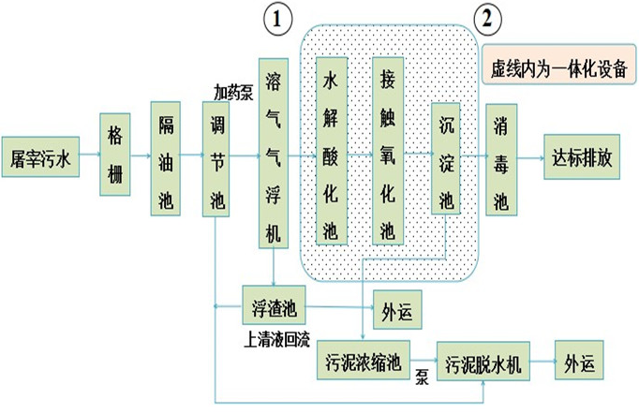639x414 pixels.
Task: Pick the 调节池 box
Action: (x=216, y=159)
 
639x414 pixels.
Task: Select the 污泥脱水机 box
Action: (x=483, y=362)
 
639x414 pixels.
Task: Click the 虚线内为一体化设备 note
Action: (x=559, y=68)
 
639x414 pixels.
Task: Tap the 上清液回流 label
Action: (x=275, y=335)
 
